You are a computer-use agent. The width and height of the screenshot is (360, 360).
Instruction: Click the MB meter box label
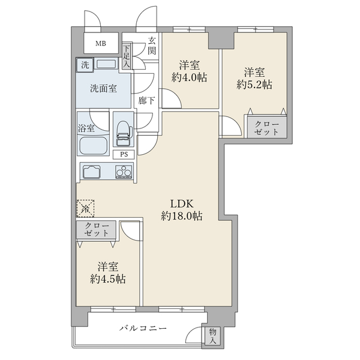pos(100,44)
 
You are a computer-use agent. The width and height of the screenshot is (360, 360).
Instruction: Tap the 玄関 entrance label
pos(152,46)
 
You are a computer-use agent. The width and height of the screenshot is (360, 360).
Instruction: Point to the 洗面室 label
pos(103,88)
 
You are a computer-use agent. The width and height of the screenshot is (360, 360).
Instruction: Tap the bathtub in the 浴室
pos(92,145)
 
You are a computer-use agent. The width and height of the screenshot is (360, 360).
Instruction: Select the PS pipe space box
pos(124,154)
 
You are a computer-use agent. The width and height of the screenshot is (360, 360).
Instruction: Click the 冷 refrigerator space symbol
pos(85,208)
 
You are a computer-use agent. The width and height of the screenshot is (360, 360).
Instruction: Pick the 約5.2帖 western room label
pos(254,78)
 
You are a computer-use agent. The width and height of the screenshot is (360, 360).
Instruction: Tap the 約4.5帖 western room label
pos(108,272)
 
